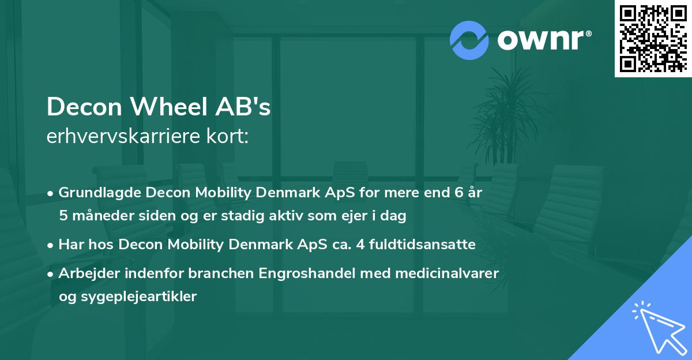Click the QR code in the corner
pyautogui.click(x=653, y=38)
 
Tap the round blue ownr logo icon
pyautogui.click(x=469, y=40)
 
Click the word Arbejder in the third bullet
pyautogui.click(x=85, y=273)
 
